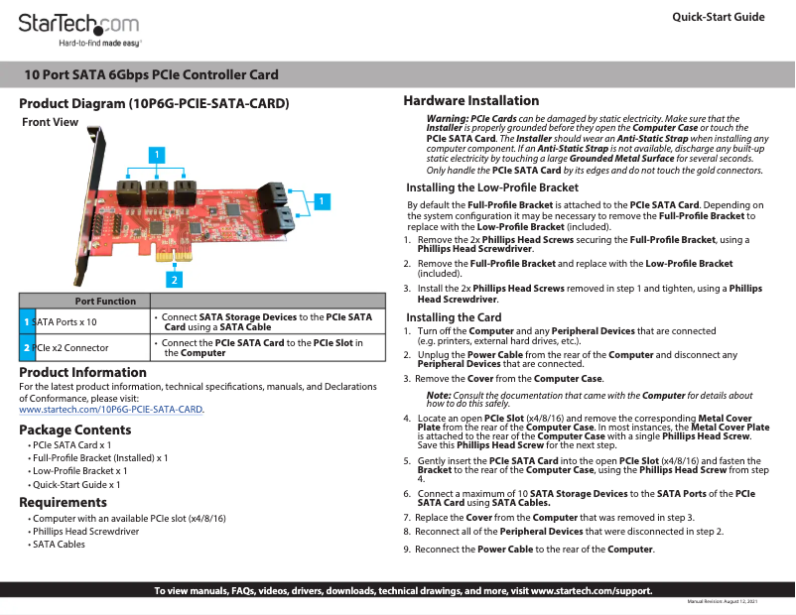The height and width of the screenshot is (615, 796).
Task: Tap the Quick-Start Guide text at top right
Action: [x=718, y=17]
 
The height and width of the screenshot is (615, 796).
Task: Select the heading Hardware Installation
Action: [x=470, y=100]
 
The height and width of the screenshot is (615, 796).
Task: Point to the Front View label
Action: [x=50, y=122]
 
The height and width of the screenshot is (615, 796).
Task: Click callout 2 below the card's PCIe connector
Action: [x=173, y=279]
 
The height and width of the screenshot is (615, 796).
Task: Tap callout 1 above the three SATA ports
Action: [x=155, y=153]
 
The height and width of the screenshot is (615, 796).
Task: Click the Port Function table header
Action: [x=105, y=301]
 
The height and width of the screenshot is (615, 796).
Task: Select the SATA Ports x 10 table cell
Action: [x=65, y=322]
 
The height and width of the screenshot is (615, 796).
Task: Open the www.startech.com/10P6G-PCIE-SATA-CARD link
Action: [x=111, y=409]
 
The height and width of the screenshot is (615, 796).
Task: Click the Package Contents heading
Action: [x=75, y=430]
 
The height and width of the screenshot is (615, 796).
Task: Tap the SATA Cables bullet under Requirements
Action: [x=59, y=545]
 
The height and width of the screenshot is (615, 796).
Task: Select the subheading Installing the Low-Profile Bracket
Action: [x=492, y=187]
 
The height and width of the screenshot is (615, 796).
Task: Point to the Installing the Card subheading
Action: [x=454, y=317]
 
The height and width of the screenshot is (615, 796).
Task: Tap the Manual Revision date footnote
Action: [x=723, y=602]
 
